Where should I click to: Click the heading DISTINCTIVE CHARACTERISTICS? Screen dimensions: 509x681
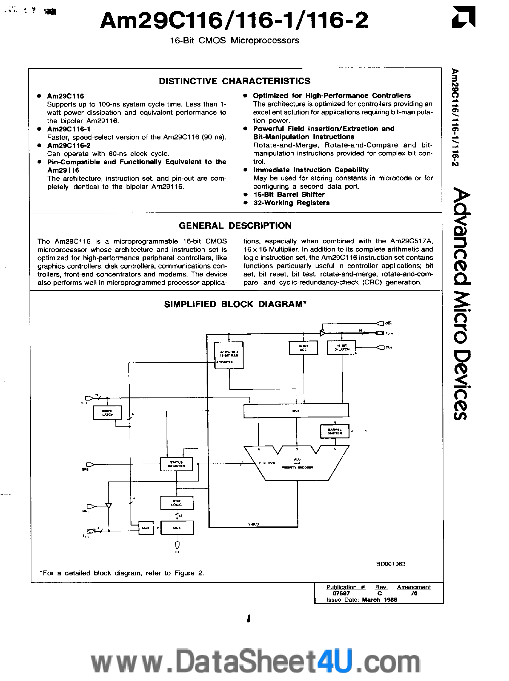pos(235,81)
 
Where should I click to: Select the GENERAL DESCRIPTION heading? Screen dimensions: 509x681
pos(235,226)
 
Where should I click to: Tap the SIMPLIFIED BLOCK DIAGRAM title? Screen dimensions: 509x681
pos(235,304)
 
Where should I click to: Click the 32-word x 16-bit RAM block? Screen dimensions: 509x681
pos(229,355)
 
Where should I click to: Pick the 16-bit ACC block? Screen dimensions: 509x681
pos(303,348)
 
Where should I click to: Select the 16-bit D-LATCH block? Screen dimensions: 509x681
pos(341,348)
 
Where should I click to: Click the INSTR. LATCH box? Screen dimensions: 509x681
pos(107,413)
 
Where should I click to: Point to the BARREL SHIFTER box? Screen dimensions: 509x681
pos(335,431)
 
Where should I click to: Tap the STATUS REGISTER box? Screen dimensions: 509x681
pos(176,464)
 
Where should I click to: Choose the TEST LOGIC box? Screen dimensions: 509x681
pos(177,503)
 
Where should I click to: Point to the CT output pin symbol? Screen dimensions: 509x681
pos(177,545)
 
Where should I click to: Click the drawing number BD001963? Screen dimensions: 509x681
pos(390,564)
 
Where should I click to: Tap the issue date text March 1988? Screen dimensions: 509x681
pos(379,599)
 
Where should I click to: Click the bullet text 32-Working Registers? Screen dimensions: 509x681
pos(291,203)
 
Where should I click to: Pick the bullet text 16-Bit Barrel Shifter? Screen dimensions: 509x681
pos(289,195)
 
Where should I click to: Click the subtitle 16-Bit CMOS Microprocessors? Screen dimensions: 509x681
pos(235,41)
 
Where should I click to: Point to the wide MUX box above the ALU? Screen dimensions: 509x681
pos(296,411)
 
